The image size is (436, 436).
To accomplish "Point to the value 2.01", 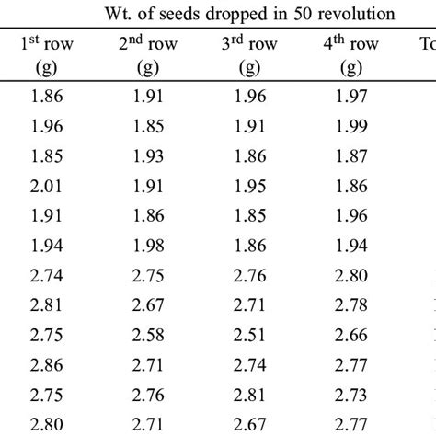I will pos(44,187).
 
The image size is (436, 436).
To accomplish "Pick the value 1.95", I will pos(249,187).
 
